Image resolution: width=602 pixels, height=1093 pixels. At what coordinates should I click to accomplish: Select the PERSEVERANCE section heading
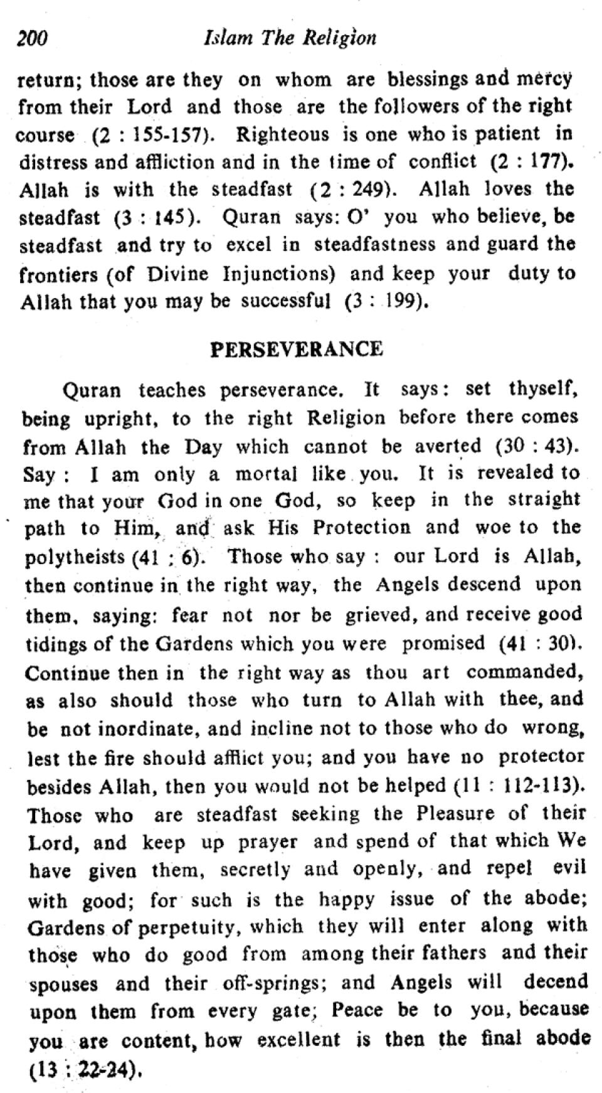(296, 349)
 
